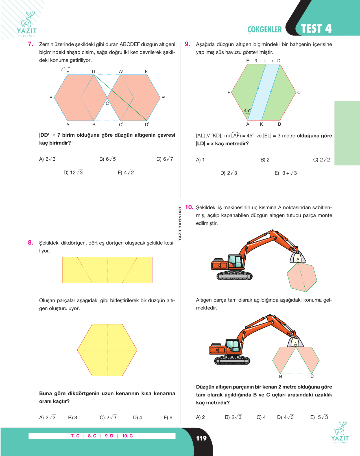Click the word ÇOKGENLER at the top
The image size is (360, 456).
pyautogui.click(x=265, y=30)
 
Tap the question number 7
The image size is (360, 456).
pyautogui.click(x=30, y=44)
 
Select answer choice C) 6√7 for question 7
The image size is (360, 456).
pyautogui.click(x=165, y=159)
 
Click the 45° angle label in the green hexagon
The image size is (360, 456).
pyautogui.click(x=247, y=110)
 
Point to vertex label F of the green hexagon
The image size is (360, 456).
pyautogui.click(x=229, y=92)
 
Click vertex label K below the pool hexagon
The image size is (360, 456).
pyautogui.click(x=261, y=124)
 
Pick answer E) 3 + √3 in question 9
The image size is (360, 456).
pyautogui.click(x=286, y=173)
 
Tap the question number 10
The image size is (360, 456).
pyautogui.click(x=189, y=207)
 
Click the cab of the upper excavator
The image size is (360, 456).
pyautogui.click(x=235, y=261)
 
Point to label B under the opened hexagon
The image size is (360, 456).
pyautogui.click(x=281, y=377)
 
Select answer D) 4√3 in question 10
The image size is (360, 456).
pyautogui.click(x=285, y=417)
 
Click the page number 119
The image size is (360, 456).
pyautogui.click(x=201, y=438)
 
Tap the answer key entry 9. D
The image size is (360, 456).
pyautogui.click(x=109, y=436)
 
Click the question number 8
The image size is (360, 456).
pyautogui.click(x=30, y=243)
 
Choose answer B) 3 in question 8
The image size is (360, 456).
pyautogui.click(x=73, y=417)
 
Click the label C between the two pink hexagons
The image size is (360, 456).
pyautogui.click(x=107, y=103)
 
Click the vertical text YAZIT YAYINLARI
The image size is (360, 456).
pyautogui.click(x=180, y=224)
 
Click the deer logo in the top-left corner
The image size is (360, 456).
pyautogui.click(x=27, y=24)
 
